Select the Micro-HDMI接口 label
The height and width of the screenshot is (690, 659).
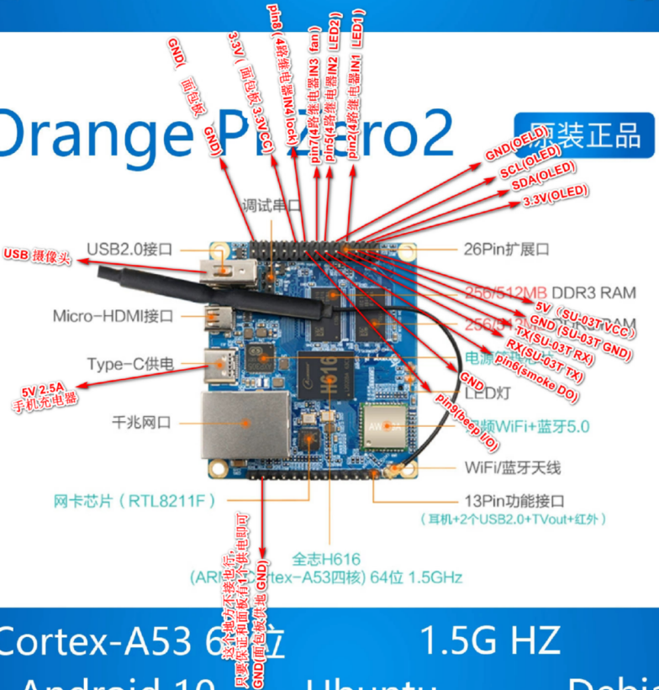pos(113,317)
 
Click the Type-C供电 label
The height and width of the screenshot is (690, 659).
pos(130,364)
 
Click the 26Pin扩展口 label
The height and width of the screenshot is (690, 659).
pos(507,249)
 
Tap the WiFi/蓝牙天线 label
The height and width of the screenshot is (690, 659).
pos(514,466)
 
